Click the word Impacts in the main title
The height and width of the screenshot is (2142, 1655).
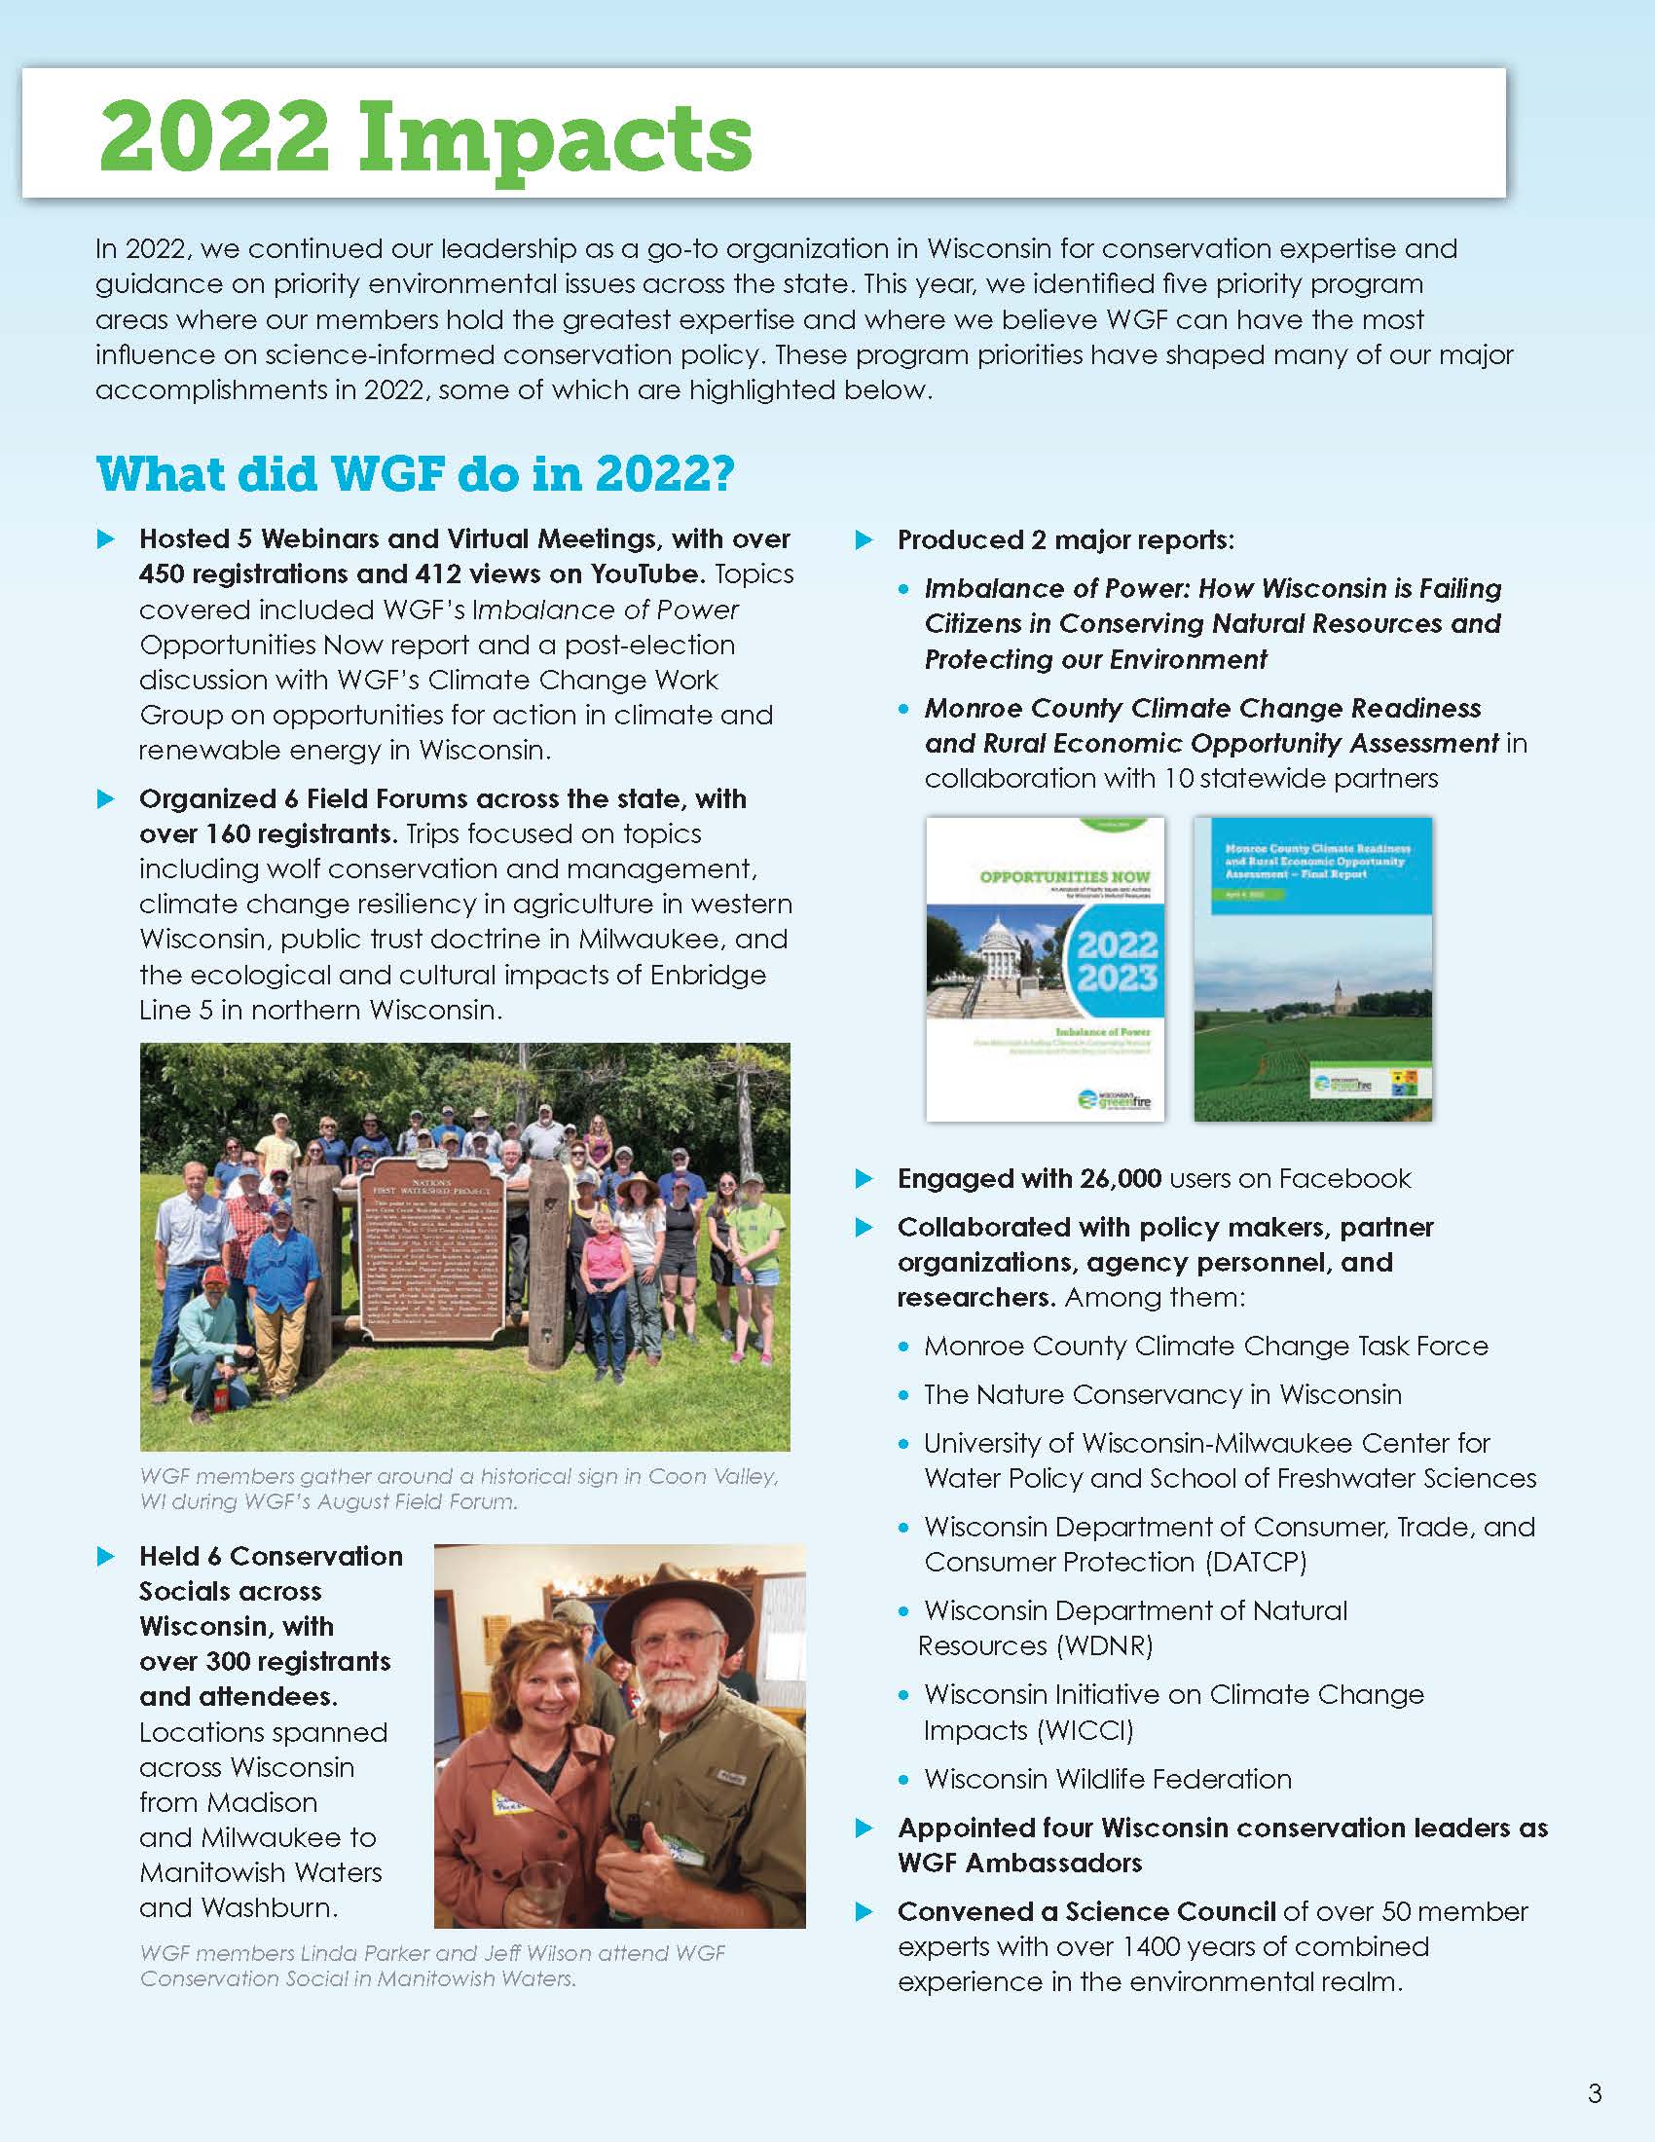click(553, 137)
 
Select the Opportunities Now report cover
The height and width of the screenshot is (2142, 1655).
click(1046, 969)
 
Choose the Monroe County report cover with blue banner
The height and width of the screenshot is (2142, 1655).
click(1312, 969)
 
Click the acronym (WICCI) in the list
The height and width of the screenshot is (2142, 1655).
click(1077, 1730)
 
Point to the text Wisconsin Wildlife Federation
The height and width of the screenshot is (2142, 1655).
click(1107, 1778)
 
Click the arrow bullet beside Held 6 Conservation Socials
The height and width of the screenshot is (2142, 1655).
click(106, 1557)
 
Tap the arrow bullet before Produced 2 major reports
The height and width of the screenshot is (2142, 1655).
click(864, 540)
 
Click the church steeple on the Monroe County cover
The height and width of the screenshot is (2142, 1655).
click(1339, 990)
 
